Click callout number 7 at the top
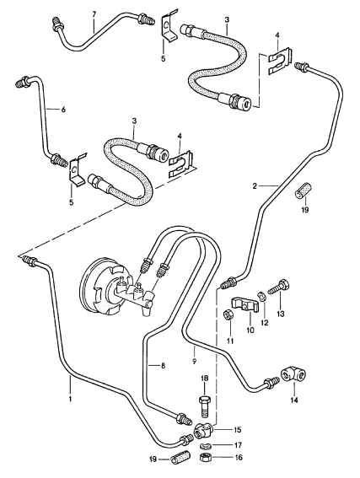pyautogui.click(x=94, y=14)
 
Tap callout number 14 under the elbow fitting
pyautogui.click(x=294, y=400)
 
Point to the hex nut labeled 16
pyautogui.click(x=205, y=457)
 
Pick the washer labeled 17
pyautogui.click(x=205, y=447)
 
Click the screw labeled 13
pyautogui.click(x=278, y=287)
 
